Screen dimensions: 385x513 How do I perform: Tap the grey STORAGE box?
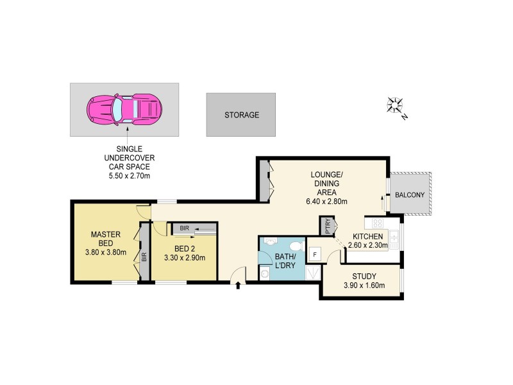pyautogui.click(x=241, y=115)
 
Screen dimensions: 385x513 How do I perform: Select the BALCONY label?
pyautogui.click(x=408, y=194)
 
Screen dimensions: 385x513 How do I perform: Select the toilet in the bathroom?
pyautogui.click(x=295, y=246)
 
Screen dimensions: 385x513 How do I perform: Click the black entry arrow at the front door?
pyautogui.click(x=239, y=285)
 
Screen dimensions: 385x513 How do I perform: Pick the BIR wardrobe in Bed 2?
pyautogui.click(x=194, y=228)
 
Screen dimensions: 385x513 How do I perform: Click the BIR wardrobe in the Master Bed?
pyautogui.click(x=144, y=257)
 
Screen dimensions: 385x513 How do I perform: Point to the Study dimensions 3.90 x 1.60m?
pyautogui.click(x=363, y=286)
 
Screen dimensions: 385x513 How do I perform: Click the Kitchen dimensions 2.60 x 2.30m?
pyautogui.click(x=367, y=244)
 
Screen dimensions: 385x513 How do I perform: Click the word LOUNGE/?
pyautogui.click(x=326, y=175)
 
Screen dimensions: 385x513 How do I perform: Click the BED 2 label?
pyautogui.click(x=186, y=249)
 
